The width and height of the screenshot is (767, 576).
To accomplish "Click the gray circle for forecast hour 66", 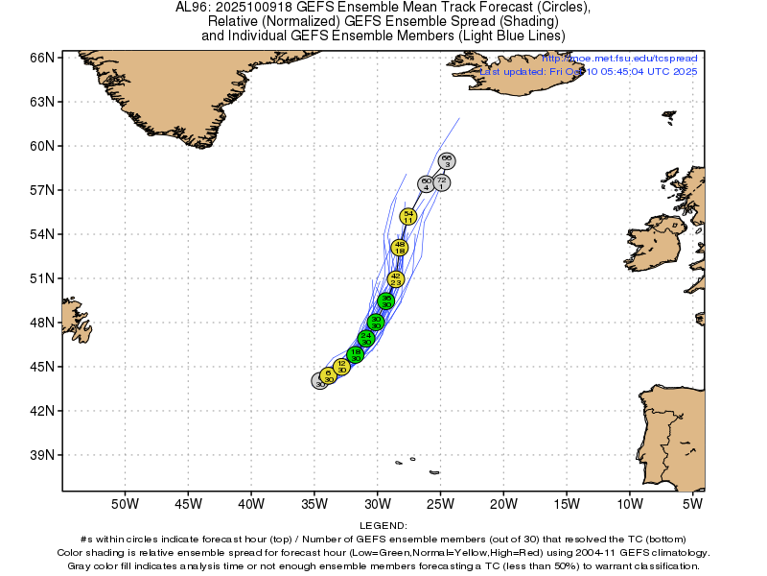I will (447, 160).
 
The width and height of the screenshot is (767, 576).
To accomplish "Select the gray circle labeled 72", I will (441, 182).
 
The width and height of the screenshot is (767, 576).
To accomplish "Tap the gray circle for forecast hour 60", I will (427, 183).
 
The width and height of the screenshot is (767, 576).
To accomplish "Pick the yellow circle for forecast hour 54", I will (408, 217).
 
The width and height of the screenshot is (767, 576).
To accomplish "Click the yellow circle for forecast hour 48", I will (400, 248).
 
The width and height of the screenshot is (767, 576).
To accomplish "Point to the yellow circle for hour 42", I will (396, 279).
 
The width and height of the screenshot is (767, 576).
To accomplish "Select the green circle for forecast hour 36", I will (386, 300).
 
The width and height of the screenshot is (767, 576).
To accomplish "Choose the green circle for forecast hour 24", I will (366, 339).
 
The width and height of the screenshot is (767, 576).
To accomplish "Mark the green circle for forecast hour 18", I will (356, 354).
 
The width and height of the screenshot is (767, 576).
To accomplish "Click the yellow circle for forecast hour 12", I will (341, 366).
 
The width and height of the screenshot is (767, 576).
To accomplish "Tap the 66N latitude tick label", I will (41, 58).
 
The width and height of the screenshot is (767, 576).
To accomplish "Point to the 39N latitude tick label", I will (41, 455).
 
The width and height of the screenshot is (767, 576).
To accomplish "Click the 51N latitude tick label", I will (41, 278).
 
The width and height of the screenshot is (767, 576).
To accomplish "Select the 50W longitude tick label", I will (125, 503).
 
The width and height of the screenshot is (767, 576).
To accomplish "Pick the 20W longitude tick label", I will (503, 503).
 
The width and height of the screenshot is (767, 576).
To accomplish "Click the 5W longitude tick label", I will (692, 503).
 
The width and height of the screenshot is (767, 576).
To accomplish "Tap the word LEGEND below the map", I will (383, 526).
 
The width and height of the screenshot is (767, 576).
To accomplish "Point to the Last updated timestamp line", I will (589, 72).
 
